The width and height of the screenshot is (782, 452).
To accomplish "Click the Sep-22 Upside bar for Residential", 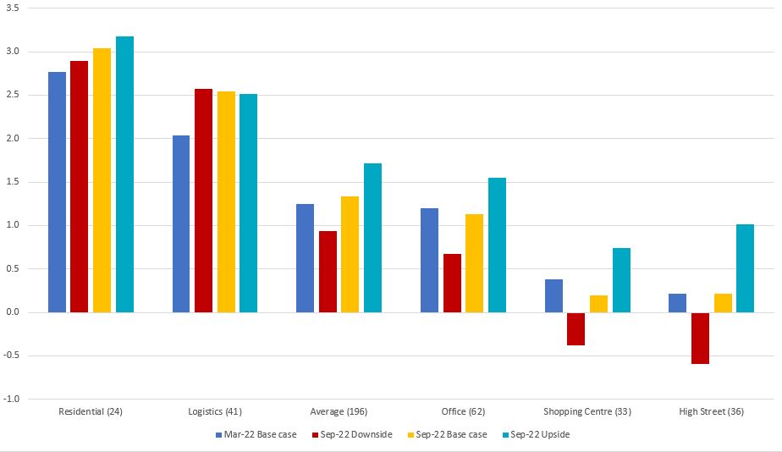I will tap(124, 174).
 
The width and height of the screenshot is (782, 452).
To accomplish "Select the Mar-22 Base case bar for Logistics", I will tap(181, 223).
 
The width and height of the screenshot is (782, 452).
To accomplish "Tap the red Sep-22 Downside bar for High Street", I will tap(700, 338).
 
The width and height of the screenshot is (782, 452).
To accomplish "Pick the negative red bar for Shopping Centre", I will tap(575, 328).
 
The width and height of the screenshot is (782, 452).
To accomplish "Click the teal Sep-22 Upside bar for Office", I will tap(497, 245).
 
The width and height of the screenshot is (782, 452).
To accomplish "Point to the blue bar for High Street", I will tap(677, 303).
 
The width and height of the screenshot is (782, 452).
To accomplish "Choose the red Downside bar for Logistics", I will tap(203, 201).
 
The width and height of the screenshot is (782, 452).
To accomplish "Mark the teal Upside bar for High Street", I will tap(745, 268).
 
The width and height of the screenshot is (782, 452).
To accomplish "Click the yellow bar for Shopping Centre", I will tap(598, 304).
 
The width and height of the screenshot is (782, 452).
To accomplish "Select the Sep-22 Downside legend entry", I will tap(354, 434).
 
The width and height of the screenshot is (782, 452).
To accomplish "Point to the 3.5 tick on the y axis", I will tap(13, 8).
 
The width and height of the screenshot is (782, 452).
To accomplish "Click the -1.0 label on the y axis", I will tap(13, 399).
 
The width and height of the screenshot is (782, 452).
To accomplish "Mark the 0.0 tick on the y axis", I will tap(13, 312).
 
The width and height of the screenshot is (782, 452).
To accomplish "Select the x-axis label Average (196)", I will tap(339, 412).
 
